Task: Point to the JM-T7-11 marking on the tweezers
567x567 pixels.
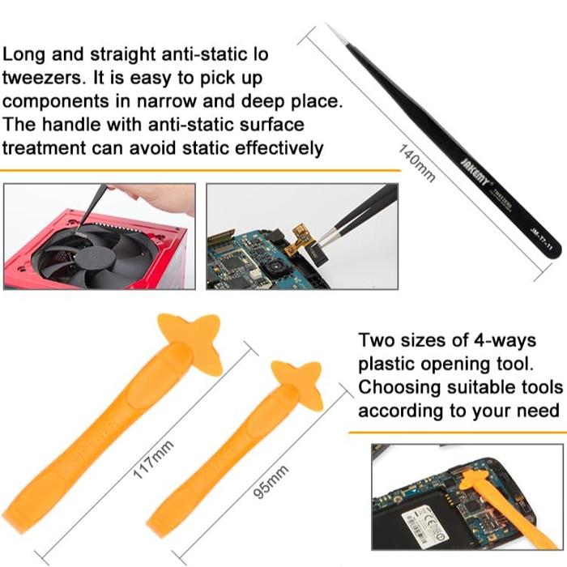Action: (x=538, y=243)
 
